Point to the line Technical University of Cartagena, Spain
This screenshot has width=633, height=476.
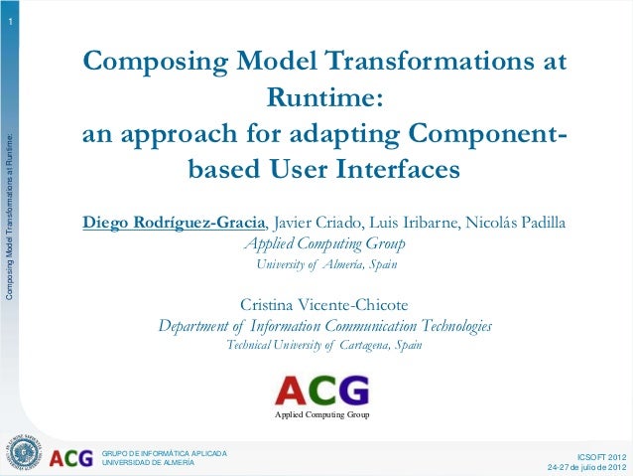point(324,346)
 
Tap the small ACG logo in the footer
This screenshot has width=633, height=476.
point(71,458)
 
